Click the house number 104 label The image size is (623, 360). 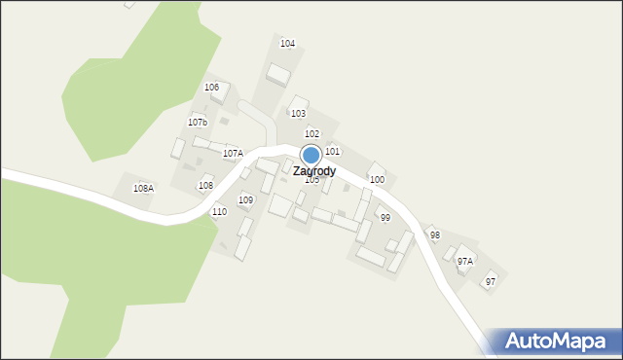coord(287,44)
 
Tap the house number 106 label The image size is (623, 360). coord(211,88)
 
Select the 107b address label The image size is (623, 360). coord(198,123)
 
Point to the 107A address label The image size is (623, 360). coord(233,154)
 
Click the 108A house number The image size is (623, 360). coord(143,188)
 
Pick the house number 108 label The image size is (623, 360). coord(205,185)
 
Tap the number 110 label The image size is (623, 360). coord(219,211)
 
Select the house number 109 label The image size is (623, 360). coord(246,199)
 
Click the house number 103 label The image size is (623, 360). coord(298,114)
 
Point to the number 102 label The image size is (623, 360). coord(311,133)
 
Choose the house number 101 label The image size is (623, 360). coord(332,152)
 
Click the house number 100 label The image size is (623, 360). coord(377,180)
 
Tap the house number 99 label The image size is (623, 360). coord(385,218)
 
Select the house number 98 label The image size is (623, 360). coord(435,235)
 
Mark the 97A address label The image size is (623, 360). coord(465,261)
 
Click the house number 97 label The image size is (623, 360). coord(491,281)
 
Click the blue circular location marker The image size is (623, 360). coord(311,155)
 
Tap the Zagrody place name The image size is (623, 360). coord(314,171)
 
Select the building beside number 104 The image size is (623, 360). coord(279,74)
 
